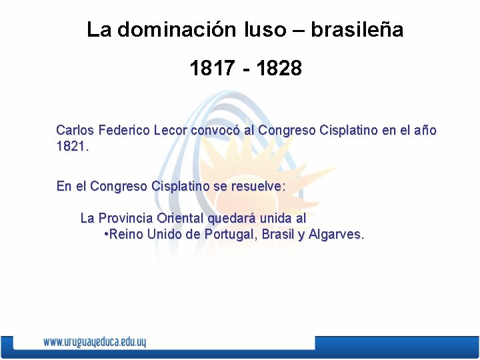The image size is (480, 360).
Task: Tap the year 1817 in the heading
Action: click(x=212, y=68)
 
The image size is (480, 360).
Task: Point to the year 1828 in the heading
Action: click(x=279, y=68)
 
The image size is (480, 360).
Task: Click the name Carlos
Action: click(x=75, y=131)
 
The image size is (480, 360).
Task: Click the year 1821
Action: click(x=72, y=146)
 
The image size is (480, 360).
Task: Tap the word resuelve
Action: click(x=256, y=186)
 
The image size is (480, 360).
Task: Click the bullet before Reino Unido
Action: click(x=107, y=234)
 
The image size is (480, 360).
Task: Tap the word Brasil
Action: click(x=278, y=234)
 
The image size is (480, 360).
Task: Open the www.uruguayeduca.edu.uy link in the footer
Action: click(x=94, y=342)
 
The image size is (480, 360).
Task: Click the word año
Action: click(x=424, y=131)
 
